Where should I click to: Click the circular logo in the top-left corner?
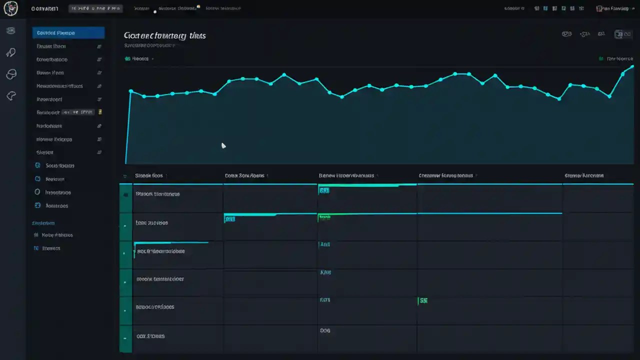click(10, 8)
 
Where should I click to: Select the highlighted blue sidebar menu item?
click(68, 33)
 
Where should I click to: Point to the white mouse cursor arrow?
click(223, 145)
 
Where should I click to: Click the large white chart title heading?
click(164, 36)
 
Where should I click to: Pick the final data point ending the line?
click(632, 66)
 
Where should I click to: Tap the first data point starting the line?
click(130, 91)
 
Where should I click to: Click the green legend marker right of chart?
click(600, 59)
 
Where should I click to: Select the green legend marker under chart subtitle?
click(127, 59)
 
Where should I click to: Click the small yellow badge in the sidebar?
click(100, 112)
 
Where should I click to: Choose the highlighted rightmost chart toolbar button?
click(622, 34)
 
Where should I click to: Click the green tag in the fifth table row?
click(423, 301)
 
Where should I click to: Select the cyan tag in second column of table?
click(229, 219)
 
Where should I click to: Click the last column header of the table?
click(583, 176)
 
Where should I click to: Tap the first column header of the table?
click(148, 176)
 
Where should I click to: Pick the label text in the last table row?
click(150, 336)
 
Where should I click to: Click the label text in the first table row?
click(157, 194)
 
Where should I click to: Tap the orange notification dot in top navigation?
click(198, 6)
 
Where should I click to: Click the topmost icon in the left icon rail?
click(10, 31)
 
